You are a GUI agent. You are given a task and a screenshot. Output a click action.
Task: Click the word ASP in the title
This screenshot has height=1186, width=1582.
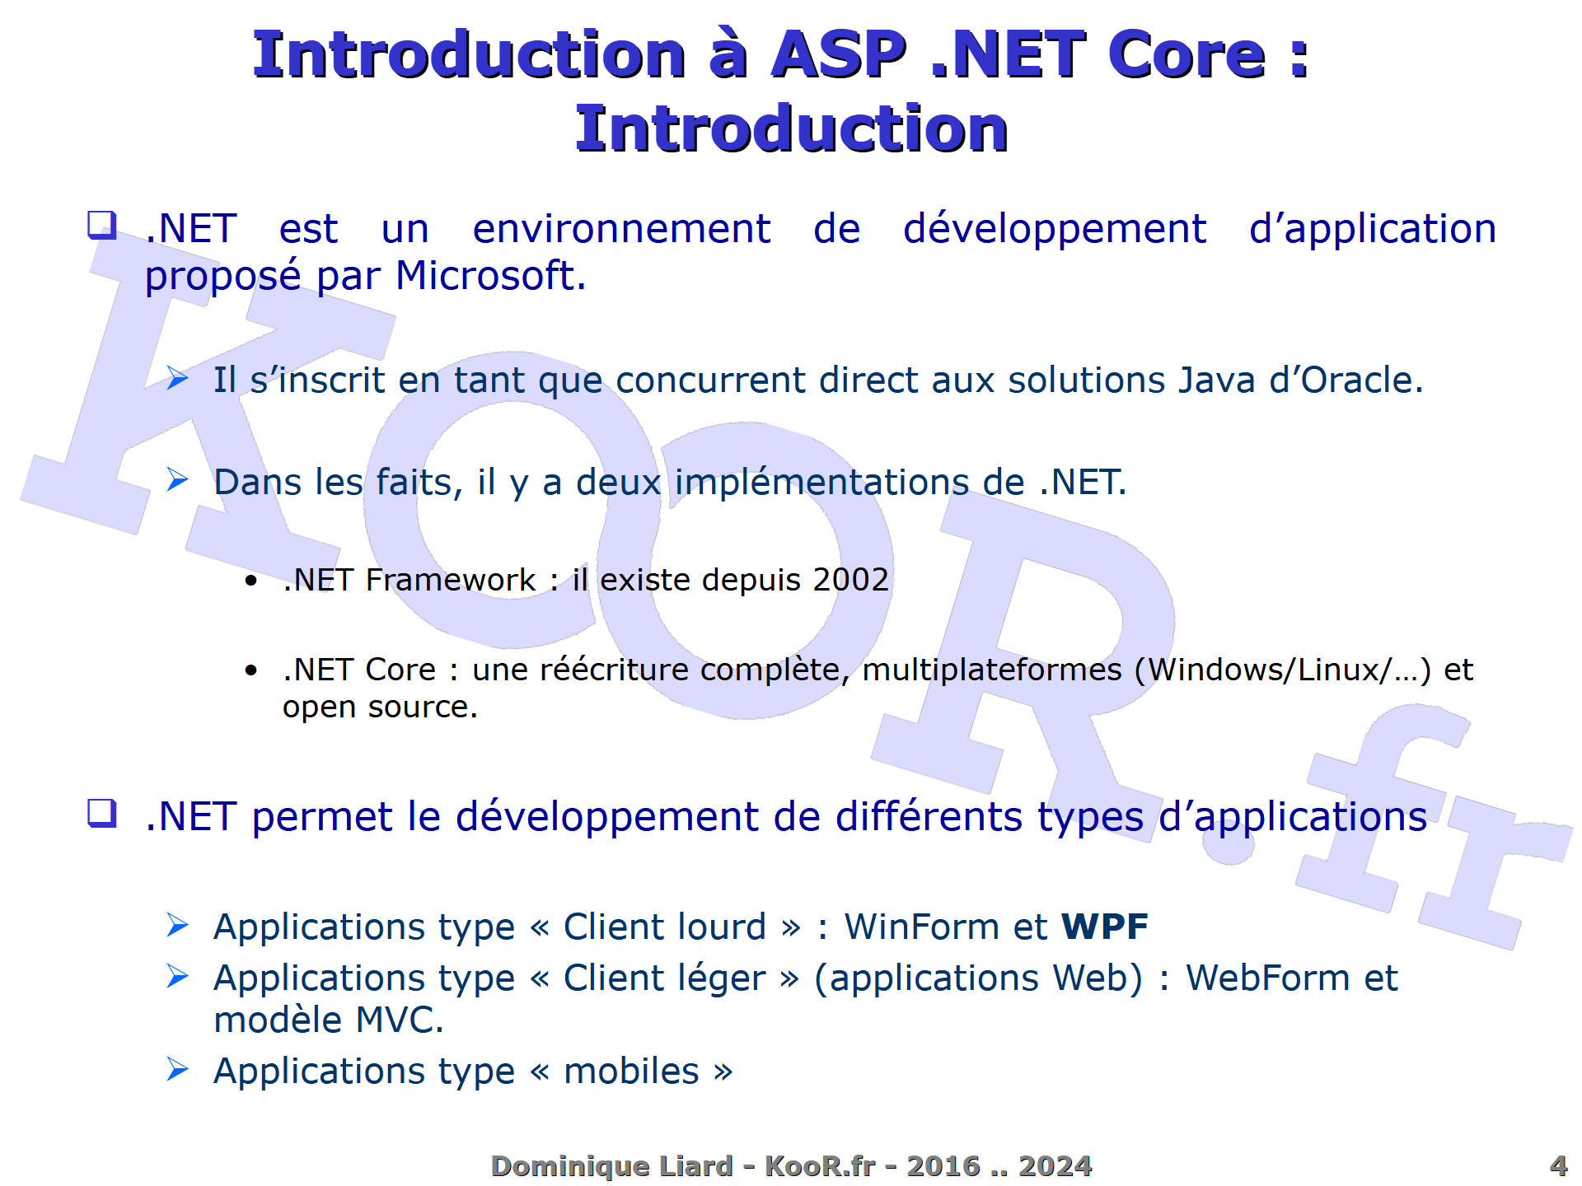[x=838, y=55]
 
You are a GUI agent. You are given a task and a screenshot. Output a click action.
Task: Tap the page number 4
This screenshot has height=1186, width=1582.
[x=1557, y=1165]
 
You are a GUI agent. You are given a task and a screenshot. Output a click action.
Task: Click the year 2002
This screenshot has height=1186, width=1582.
[x=850, y=580]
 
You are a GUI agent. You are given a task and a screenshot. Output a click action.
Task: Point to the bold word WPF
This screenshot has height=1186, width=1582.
[x=1104, y=927]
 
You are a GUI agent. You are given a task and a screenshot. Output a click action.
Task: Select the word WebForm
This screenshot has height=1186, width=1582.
[x=1267, y=978]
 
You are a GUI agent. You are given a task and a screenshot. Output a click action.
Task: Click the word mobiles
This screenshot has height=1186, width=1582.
[x=631, y=1072]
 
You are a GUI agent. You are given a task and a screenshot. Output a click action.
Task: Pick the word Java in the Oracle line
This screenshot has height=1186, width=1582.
[x=1216, y=381]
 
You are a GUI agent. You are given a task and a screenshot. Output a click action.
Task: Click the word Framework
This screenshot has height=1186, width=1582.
[x=450, y=580]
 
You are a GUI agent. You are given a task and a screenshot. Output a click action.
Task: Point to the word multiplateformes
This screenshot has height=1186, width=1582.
[x=992, y=670]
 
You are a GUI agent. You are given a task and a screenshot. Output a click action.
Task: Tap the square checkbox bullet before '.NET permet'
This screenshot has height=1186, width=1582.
[x=102, y=814]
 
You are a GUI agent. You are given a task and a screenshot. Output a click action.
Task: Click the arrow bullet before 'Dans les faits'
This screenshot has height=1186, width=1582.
[x=177, y=479]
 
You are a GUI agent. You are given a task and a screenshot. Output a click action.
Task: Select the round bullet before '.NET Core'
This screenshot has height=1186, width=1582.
[x=251, y=670]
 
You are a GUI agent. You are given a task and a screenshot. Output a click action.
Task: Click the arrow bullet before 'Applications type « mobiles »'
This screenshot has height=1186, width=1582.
[x=177, y=1069]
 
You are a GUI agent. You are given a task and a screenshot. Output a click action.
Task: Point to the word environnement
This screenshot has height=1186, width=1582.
[x=621, y=229]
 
